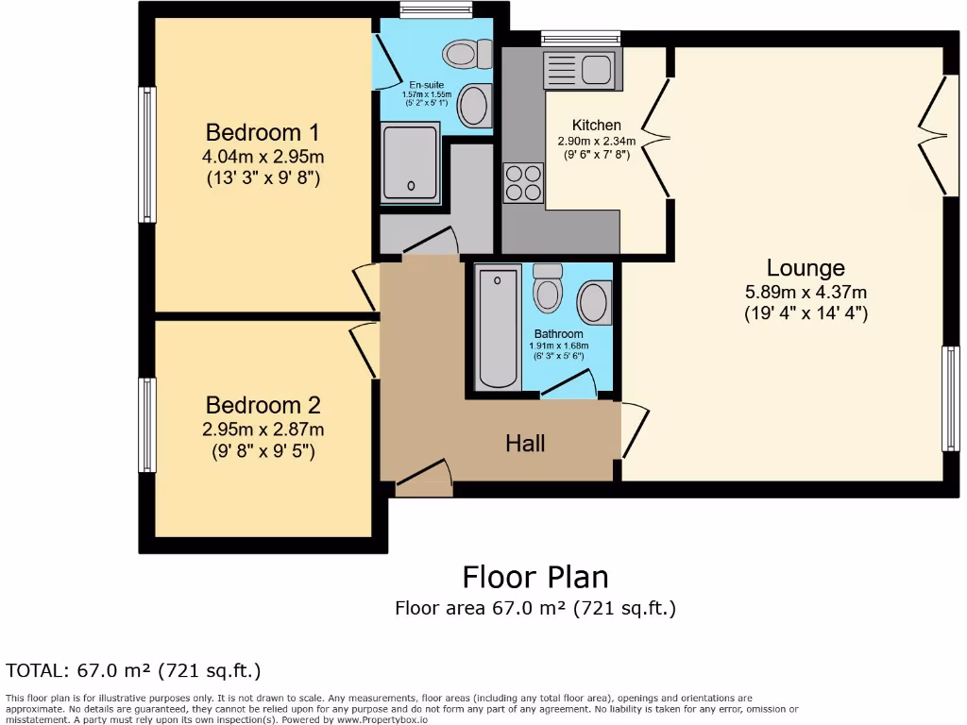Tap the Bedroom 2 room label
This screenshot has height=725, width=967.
pyautogui.click(x=263, y=406)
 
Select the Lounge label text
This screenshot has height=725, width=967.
pyautogui.click(x=806, y=268)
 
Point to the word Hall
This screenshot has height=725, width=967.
pyautogui.click(x=525, y=443)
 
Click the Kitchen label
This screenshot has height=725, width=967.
pyautogui.click(x=597, y=125)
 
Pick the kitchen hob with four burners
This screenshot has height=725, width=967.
pyautogui.click(x=523, y=182)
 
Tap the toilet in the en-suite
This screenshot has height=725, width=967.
pyautogui.click(x=467, y=54)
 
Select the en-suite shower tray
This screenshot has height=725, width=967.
pyautogui.click(x=410, y=162)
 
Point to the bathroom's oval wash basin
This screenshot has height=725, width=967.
pyautogui.click(x=593, y=303)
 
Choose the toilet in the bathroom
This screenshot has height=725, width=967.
pyautogui.click(x=548, y=287)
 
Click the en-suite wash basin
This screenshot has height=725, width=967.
pyautogui.click(x=474, y=106)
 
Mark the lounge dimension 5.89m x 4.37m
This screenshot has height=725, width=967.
pyautogui.click(x=806, y=292)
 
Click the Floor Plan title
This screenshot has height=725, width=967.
pyautogui.click(x=534, y=576)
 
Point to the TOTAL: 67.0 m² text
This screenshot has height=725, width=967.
pyautogui.click(x=133, y=671)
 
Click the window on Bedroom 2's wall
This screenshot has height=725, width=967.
pyautogui.click(x=147, y=425)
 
